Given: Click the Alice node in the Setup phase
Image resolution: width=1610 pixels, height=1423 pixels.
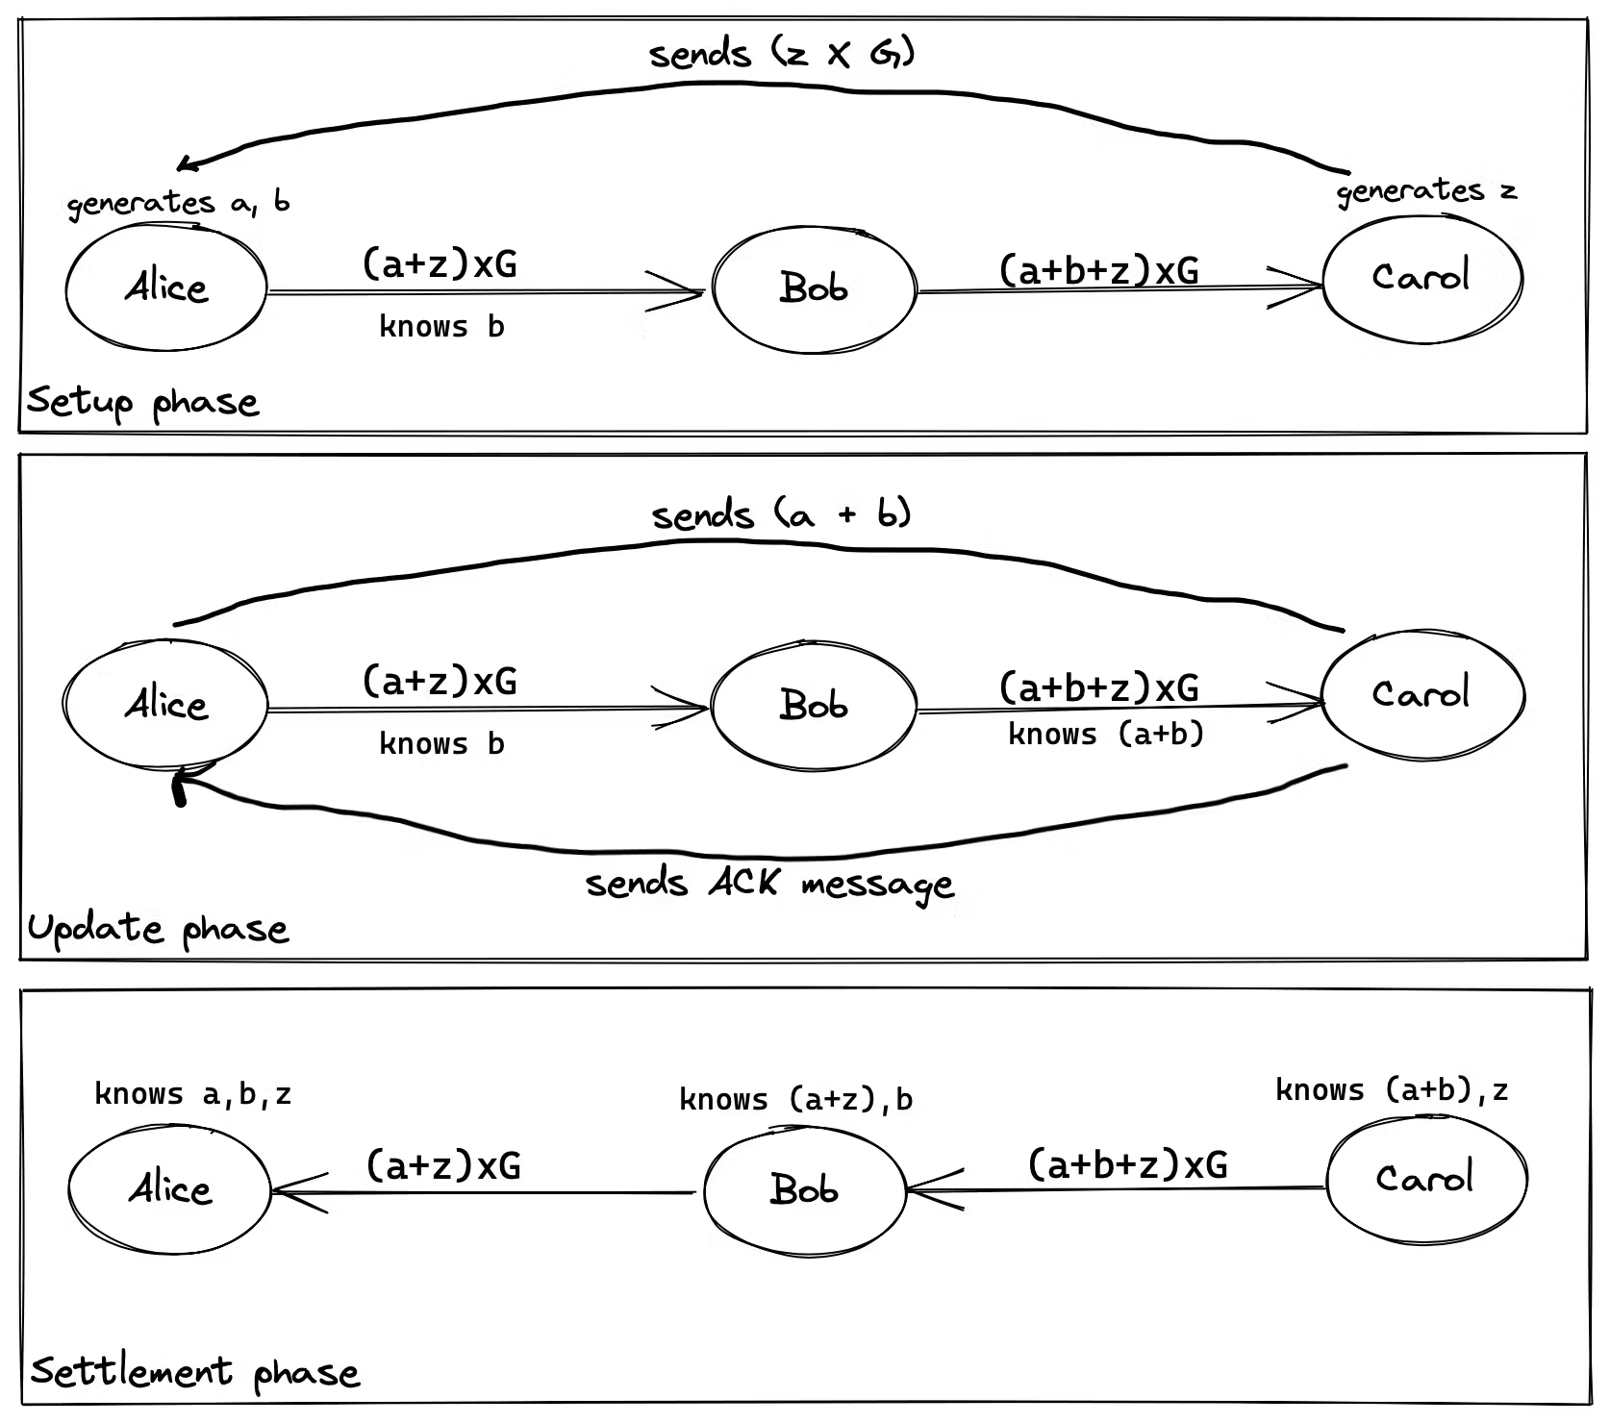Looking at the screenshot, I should pos(165,287).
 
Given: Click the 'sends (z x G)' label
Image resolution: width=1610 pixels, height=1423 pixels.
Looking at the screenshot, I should pos(782,53).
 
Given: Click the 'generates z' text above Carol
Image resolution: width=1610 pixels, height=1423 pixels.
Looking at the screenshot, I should pos(1426,191).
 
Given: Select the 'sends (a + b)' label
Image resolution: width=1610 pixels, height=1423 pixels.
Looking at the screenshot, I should pos(781,515).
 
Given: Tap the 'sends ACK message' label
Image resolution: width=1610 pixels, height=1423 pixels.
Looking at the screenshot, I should pos(769,884).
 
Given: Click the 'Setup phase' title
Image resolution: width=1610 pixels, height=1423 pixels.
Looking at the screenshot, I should pos(142,402).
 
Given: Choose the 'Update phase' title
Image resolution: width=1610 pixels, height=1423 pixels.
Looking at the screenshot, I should pos(158,929).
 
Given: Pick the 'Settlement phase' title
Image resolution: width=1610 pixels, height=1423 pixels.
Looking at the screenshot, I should pos(195,1372).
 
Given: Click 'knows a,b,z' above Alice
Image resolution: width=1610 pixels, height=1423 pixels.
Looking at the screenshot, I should pos(192,1094).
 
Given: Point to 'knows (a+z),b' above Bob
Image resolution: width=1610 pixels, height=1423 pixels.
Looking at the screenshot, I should pos(795,1099).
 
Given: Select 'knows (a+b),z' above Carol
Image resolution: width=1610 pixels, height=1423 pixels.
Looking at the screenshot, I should pos(1392,1089).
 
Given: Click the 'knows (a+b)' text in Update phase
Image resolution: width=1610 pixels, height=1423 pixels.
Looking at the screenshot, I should pos(1106,735).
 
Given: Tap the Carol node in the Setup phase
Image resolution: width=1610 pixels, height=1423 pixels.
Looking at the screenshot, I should pos(1421,278).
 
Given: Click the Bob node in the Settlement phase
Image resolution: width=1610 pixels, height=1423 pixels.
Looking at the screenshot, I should pos(805,1190).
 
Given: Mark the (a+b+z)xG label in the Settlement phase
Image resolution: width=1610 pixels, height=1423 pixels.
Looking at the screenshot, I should pos(1127,1164).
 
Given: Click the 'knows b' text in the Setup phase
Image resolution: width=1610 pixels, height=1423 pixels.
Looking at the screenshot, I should pos(441,327).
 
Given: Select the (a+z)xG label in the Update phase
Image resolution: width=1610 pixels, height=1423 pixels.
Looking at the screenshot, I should pos(440,681).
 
